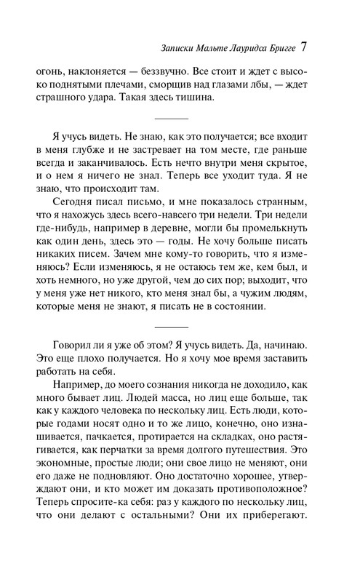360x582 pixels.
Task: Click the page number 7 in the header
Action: click(x=305, y=49)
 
